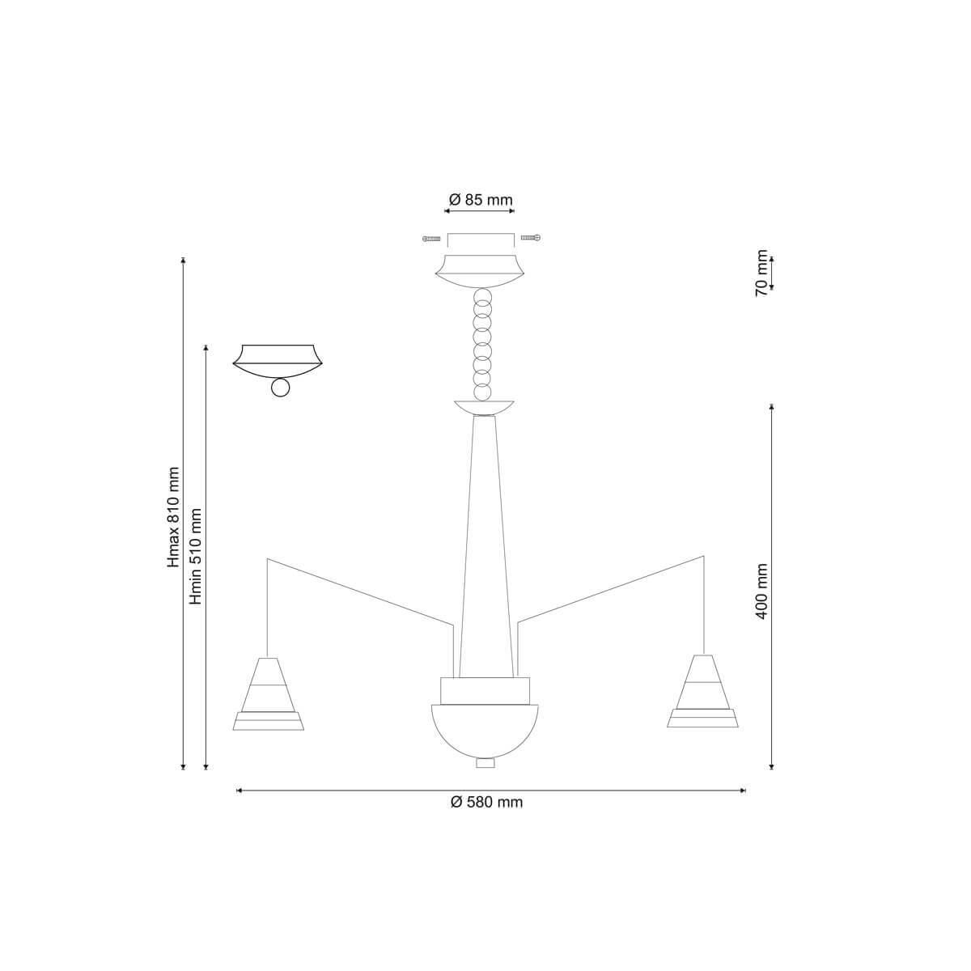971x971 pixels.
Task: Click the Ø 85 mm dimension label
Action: pos(480,200)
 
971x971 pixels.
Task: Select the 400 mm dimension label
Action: pos(761,592)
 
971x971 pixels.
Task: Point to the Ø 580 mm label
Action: pos(487,802)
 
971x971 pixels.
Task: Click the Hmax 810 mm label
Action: pos(173,518)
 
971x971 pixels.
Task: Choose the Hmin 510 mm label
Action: pos(196,557)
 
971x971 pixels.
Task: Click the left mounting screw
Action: pos(431,239)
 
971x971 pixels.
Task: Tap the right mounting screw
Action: pos(531,237)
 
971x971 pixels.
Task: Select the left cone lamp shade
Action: pos(268,693)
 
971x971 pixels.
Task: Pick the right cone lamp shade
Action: pos(703,691)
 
